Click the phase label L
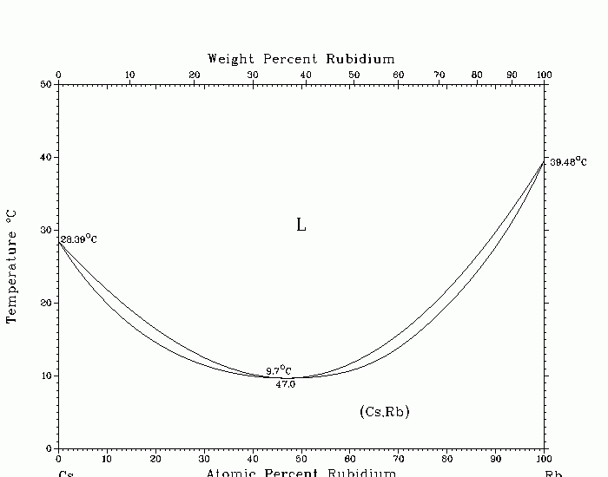[x=301, y=225]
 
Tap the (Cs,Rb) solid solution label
[x=384, y=411]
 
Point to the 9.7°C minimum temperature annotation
[x=278, y=370]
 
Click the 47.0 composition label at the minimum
[x=285, y=384]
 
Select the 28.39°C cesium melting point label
[x=77, y=238]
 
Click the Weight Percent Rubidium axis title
[x=301, y=59]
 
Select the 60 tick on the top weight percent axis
[x=398, y=75]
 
